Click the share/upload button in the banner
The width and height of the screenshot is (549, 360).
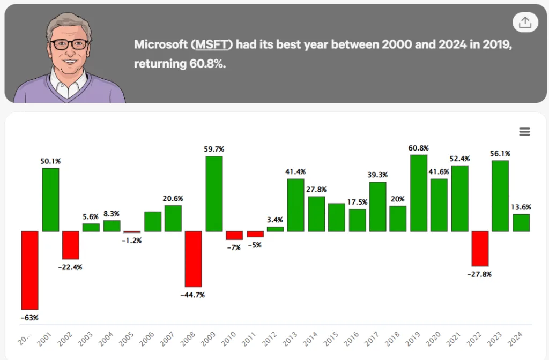click(x=525, y=22)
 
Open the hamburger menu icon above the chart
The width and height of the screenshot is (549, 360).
click(x=524, y=132)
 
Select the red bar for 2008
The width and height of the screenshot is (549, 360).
click(x=194, y=258)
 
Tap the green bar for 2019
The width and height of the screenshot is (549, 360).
click(x=419, y=193)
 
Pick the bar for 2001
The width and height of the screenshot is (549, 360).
click(x=50, y=199)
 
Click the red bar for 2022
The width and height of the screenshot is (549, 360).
click(x=480, y=248)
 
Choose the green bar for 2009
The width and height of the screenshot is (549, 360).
click(x=214, y=193)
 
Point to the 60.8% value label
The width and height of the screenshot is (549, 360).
click(x=418, y=148)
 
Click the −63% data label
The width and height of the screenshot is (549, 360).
click(x=29, y=318)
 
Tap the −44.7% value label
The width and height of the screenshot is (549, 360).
click(x=194, y=295)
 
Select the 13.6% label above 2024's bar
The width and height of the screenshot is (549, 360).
click(x=521, y=207)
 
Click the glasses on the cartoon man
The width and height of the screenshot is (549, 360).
click(x=69, y=44)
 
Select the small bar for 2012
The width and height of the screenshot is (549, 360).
click(x=275, y=229)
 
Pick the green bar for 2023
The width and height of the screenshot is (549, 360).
click(x=500, y=196)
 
